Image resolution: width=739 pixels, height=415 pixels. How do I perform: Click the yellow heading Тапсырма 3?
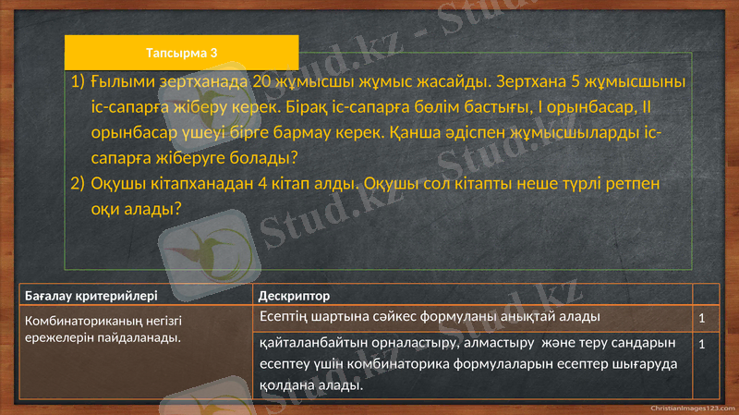click(x=181, y=53)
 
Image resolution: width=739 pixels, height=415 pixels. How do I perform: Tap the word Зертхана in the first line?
click(x=515, y=82)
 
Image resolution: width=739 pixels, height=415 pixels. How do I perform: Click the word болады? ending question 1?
click(x=261, y=157)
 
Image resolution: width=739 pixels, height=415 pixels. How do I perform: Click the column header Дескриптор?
click(x=294, y=296)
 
